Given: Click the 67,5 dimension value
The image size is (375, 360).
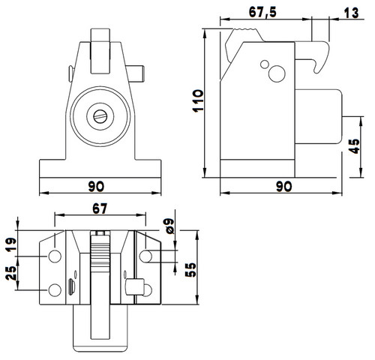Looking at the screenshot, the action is pos(262,12).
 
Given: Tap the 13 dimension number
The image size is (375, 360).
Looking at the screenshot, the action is pos(351,13).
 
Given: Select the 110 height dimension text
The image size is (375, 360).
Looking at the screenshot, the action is pos(198,100).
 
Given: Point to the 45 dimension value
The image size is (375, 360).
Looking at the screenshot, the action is pos(354,146).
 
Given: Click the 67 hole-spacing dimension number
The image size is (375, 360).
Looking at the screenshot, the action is pos(100,208).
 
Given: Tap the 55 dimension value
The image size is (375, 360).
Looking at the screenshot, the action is pos(190,270).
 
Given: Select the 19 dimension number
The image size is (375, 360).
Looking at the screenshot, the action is pos(11,244).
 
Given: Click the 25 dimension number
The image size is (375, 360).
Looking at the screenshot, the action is pos(11,273).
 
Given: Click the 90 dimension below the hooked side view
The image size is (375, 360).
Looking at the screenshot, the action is pos(284,187).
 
